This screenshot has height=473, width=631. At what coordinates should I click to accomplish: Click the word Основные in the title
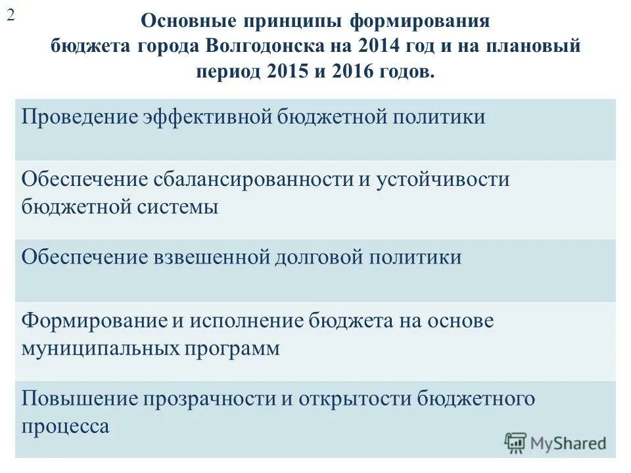coord(183,22)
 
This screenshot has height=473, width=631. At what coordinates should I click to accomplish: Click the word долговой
coord(319,256)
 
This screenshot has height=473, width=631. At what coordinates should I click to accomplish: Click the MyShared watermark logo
coord(556,443)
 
